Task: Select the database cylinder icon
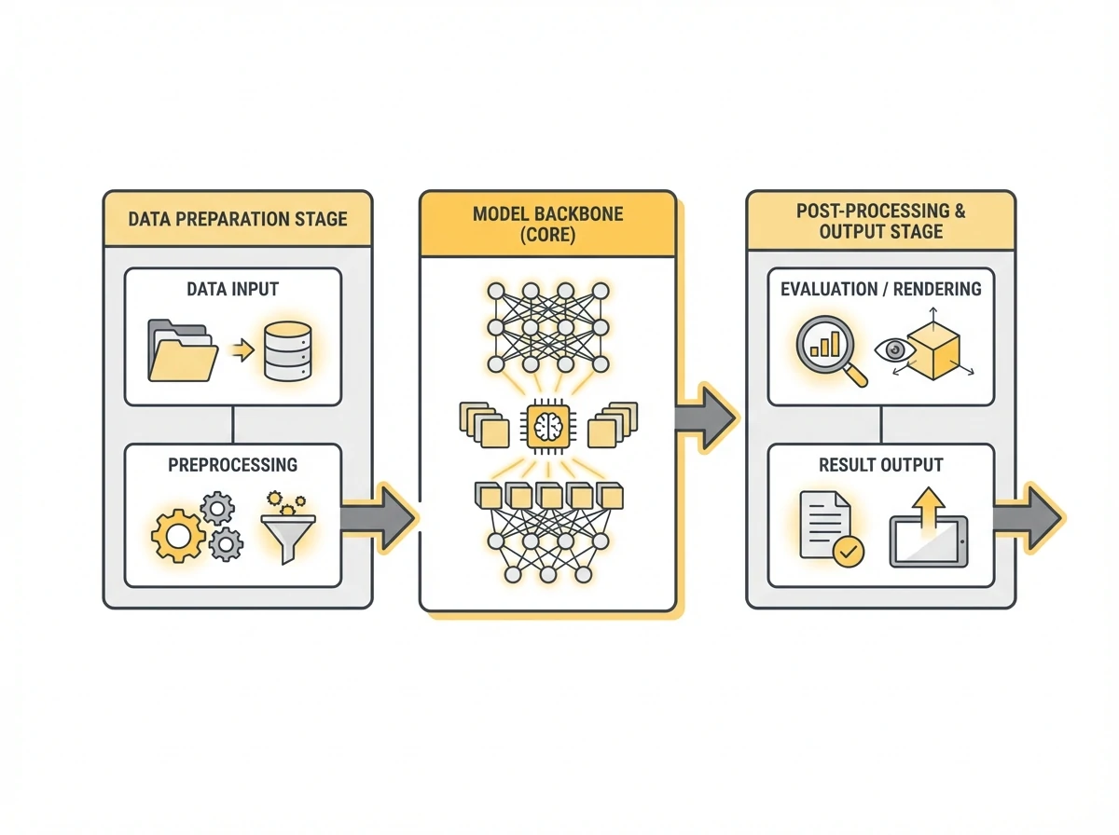coord(287,351)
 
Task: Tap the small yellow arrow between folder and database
coord(241,351)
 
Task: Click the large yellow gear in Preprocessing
coord(177,535)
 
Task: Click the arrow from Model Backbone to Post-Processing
coord(705,414)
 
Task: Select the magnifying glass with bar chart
coord(828,349)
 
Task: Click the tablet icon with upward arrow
coord(928,531)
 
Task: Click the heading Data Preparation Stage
coord(237,220)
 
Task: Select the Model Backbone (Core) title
coord(547,224)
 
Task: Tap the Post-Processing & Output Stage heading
coord(880,221)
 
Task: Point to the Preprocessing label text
coord(233,464)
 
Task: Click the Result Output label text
coord(880,464)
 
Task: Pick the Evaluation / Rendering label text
coord(880,289)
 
